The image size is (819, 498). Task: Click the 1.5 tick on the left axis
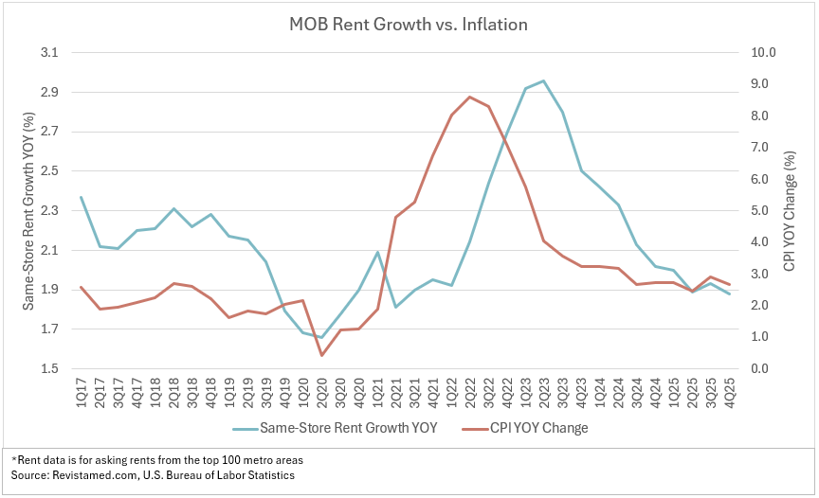click(46, 369)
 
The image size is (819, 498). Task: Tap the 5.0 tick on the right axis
click(763, 211)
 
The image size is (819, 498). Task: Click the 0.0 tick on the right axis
click(763, 369)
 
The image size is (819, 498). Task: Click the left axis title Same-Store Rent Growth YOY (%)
click(28, 211)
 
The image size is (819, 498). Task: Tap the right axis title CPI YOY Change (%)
click(790, 211)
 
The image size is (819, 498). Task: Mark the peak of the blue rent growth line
click(543, 81)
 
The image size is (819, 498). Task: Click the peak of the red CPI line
click(469, 97)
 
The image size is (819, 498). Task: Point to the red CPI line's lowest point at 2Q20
click(321, 355)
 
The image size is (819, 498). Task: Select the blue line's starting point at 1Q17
click(82, 197)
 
